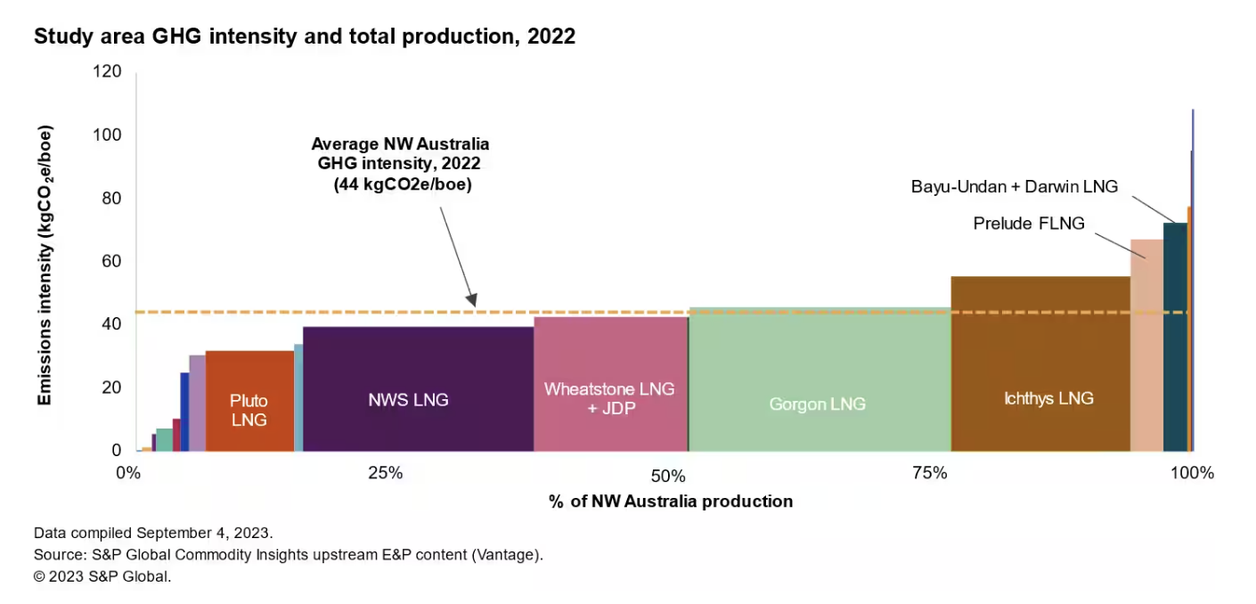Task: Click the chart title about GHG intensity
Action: (x=305, y=37)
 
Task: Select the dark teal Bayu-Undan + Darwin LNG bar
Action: (x=1174, y=339)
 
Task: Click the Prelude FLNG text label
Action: (x=1029, y=224)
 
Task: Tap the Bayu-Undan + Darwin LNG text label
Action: (x=1014, y=186)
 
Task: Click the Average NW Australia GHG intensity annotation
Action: (x=400, y=165)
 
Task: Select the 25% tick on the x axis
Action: (x=386, y=473)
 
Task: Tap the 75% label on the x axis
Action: (x=929, y=473)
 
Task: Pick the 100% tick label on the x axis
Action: (x=1193, y=473)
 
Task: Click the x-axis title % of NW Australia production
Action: (x=670, y=502)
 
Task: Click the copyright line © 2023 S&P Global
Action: (x=102, y=576)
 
